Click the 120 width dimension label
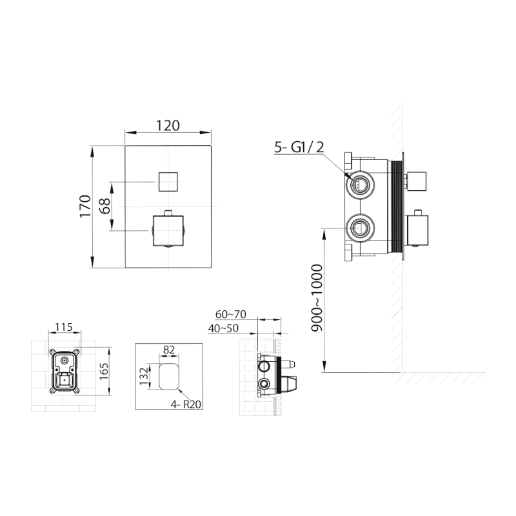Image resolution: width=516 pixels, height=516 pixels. point(168,126)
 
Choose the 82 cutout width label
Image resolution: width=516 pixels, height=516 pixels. point(169,349)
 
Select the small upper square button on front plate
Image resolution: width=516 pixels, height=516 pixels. point(168,181)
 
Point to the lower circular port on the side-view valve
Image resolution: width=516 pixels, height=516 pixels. point(359,228)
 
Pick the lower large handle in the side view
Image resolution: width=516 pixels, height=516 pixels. point(419,231)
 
